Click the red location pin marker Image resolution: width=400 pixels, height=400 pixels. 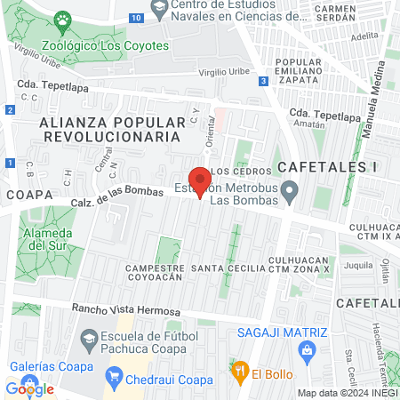[200, 181]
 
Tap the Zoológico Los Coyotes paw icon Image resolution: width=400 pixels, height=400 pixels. [62, 20]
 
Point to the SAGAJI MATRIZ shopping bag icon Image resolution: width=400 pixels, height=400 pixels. [308, 351]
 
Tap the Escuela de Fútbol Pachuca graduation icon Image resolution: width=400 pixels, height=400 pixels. [88, 339]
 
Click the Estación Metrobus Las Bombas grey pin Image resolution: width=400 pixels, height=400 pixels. [289, 190]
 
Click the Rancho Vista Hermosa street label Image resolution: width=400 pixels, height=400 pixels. [128, 312]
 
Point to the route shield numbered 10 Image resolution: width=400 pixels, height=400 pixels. [135, 17]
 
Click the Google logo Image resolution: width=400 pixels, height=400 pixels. [29, 388]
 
